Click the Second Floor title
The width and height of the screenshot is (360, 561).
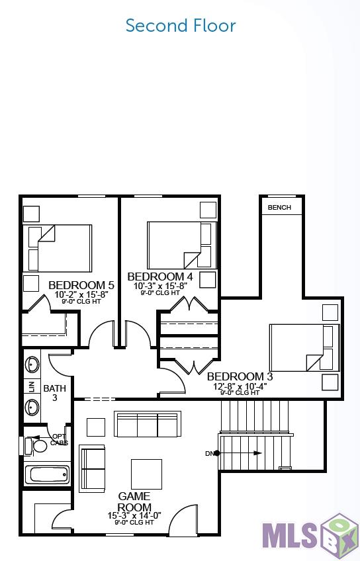click(180, 26)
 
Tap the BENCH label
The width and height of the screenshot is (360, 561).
click(279, 208)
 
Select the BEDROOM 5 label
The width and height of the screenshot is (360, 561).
click(81, 285)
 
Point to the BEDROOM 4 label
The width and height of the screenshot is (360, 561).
click(160, 277)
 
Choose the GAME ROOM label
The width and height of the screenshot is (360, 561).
click(134, 501)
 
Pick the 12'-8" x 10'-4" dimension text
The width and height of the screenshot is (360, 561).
click(239, 386)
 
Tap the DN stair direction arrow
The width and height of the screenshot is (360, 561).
click(238, 453)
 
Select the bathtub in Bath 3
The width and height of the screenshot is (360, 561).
click(46, 475)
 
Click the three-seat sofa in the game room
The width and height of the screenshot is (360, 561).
click(147, 424)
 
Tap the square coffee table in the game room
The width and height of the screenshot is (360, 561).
click(146, 474)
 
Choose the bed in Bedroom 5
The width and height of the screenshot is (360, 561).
click(58, 247)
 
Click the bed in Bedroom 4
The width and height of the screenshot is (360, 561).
click(181, 245)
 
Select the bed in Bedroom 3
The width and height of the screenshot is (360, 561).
click(304, 347)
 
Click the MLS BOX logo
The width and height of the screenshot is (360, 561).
click(310, 533)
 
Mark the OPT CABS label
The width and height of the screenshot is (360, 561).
click(59, 439)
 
